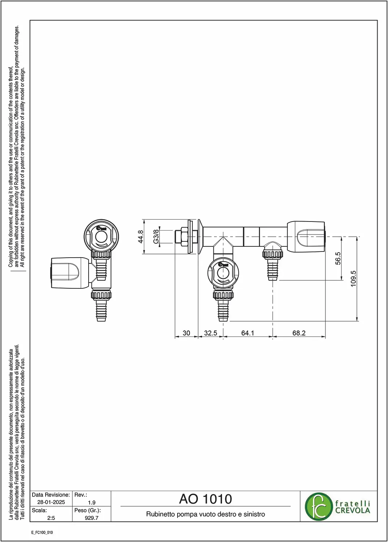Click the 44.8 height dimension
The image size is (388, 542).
(140, 236)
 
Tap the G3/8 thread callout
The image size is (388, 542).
(156, 236)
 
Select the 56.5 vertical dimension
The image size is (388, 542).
(338, 258)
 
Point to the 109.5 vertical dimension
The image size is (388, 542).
(354, 279)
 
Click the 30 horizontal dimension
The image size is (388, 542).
(186, 333)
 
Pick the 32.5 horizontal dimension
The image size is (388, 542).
(210, 333)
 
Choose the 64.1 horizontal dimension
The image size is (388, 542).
(248, 333)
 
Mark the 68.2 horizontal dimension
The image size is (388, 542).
(299, 333)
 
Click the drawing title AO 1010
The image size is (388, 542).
(205, 499)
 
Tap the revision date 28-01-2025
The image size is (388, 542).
(51, 502)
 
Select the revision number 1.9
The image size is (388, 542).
(92, 503)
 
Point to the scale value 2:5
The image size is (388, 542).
(51, 518)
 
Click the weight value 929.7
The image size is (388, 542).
(92, 518)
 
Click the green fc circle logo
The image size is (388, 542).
(318, 507)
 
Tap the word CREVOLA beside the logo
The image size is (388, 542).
(353, 510)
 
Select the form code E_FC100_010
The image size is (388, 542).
(42, 533)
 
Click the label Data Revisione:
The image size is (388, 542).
(51, 495)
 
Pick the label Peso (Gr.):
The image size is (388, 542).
(88, 510)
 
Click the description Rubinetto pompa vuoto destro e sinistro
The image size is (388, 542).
(205, 514)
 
